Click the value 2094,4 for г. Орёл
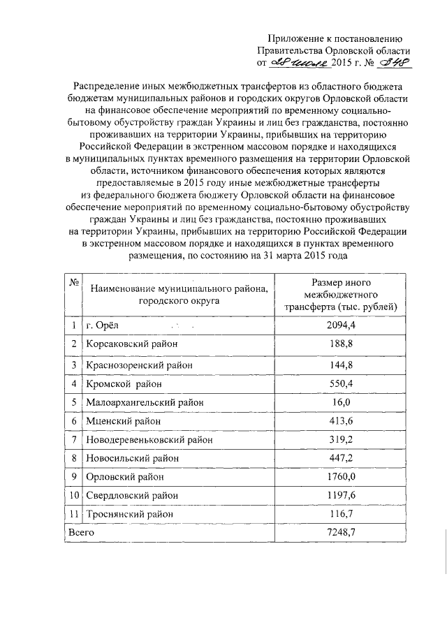tap(341, 325)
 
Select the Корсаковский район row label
tap(131, 344)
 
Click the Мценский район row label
tap(123, 421)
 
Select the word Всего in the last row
tap(80, 533)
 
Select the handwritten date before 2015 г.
tap(295, 64)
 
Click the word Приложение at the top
tap(298, 38)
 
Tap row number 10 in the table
tap(73, 496)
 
